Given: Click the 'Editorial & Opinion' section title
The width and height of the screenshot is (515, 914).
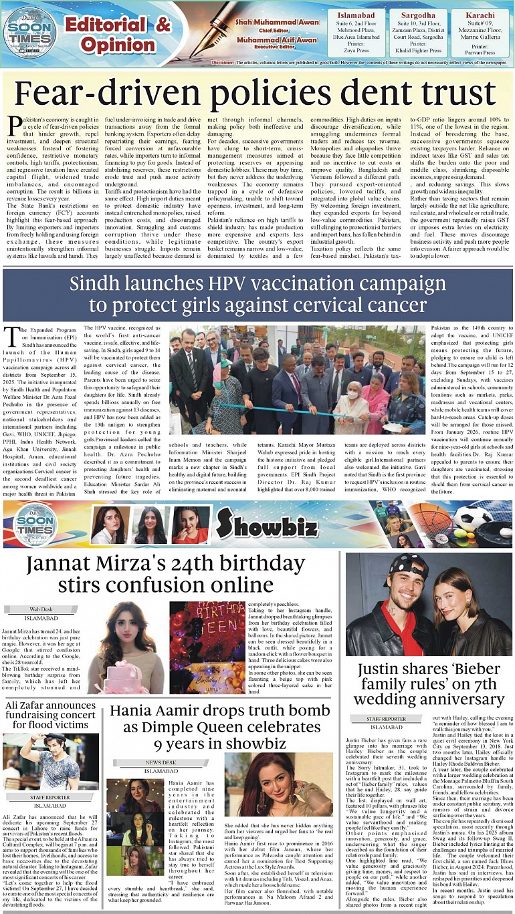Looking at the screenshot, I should point(118,35).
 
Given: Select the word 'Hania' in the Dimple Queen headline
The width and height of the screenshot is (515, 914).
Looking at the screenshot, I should point(139,711).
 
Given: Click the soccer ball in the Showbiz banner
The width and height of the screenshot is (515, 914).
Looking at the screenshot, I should point(472,517).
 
